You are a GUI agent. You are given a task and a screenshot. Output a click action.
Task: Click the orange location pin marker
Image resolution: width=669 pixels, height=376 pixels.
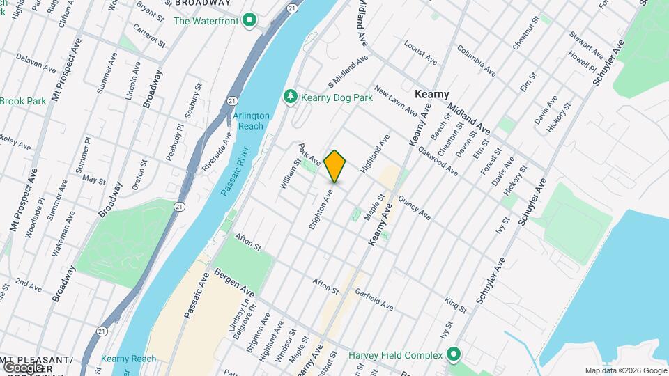click(335, 166)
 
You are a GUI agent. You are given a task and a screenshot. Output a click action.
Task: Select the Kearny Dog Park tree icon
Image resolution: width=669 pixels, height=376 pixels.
click(291, 97)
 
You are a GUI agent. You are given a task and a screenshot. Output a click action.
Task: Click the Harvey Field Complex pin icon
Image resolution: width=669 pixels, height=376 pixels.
click(454, 355)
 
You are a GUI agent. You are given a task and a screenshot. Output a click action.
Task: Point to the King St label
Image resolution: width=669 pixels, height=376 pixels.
click(455, 303)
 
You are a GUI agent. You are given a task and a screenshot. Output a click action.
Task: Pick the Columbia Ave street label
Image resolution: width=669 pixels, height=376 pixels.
click(477, 61)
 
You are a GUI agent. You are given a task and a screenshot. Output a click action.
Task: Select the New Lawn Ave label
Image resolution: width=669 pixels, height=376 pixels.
click(395, 102)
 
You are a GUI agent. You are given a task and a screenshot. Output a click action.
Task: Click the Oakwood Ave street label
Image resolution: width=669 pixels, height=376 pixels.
click(438, 159)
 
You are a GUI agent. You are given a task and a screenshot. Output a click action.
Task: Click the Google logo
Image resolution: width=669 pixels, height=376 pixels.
click(24, 367)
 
